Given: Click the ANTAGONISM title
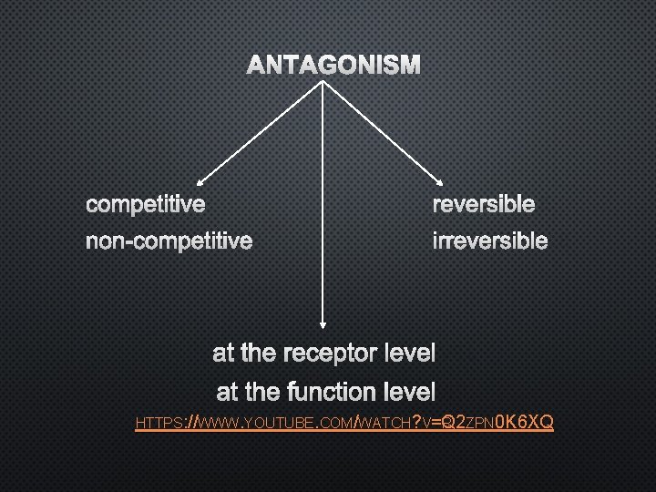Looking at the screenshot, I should point(334,66).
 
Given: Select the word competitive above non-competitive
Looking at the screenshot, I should point(146,204).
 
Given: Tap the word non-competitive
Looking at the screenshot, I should point(169,241).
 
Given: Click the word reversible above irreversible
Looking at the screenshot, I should point(484,204).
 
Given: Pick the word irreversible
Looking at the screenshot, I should point(490,241).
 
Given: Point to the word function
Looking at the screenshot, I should point(330,393).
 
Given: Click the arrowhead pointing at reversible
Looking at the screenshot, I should point(440,182).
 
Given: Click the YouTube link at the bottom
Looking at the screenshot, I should point(343,423).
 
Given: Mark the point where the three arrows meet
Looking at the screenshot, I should point(322,80).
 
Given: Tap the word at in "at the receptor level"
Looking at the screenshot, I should point(224,353).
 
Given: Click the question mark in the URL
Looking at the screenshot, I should point(417,423).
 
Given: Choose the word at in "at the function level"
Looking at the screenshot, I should point(228,393).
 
